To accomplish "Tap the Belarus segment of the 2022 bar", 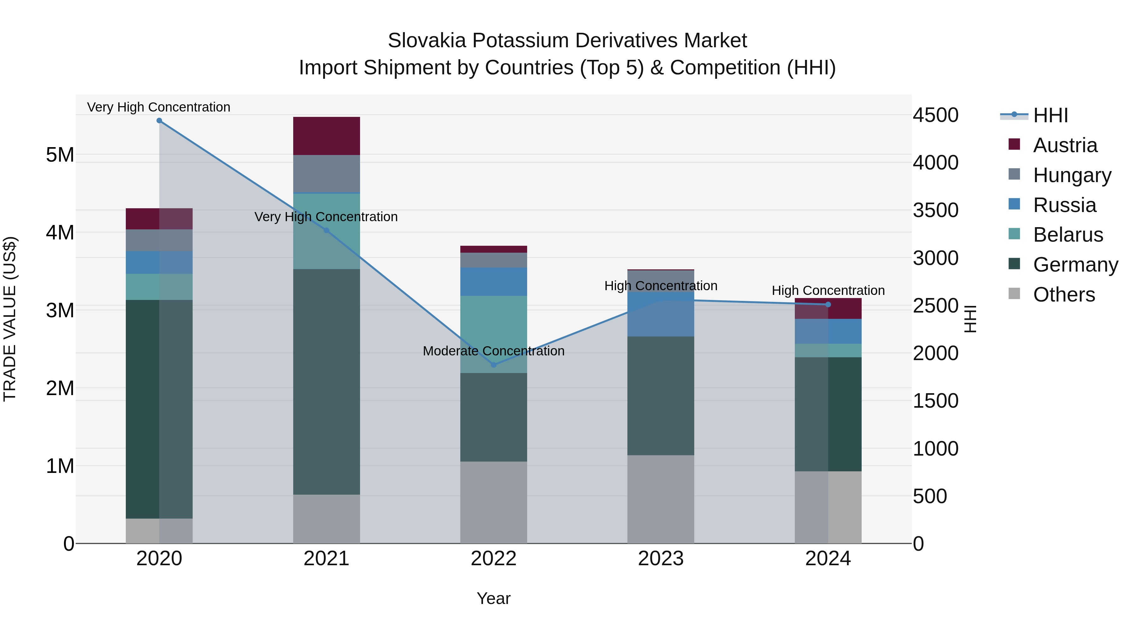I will tap(493, 334).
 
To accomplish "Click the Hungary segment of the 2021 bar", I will tap(327, 174).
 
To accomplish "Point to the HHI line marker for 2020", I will tap(159, 121).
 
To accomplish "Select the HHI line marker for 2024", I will tap(828, 305).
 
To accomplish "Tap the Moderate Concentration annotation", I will tap(493, 351).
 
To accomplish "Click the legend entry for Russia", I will tap(1064, 205).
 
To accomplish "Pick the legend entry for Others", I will tap(1064, 295).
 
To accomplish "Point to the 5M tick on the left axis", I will tap(60, 155).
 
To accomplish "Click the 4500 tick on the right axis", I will tap(935, 115).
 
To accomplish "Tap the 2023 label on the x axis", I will tap(661, 559).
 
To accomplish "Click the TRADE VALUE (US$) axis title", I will tap(10, 319).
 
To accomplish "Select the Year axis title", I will tap(493, 598).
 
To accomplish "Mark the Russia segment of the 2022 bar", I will tap(493, 281).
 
